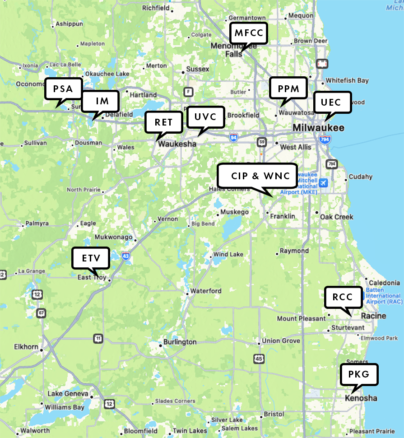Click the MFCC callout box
point(248,33)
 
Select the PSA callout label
point(63,89)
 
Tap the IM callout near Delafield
point(100,101)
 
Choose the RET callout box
point(163,122)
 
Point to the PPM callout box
point(288,89)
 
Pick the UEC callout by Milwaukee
point(332,102)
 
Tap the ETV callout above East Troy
point(91,258)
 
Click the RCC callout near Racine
point(344,298)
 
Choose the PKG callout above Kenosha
point(359,374)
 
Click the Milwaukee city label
point(318,128)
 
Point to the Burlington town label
point(180,342)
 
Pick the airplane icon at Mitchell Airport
point(323,183)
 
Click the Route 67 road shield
point(42,312)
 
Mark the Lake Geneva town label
point(69,394)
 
